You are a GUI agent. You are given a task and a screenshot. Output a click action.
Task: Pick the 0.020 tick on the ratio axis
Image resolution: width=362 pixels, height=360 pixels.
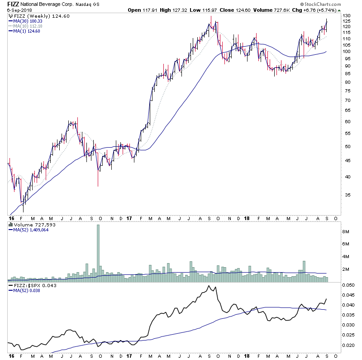coord(348,345)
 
